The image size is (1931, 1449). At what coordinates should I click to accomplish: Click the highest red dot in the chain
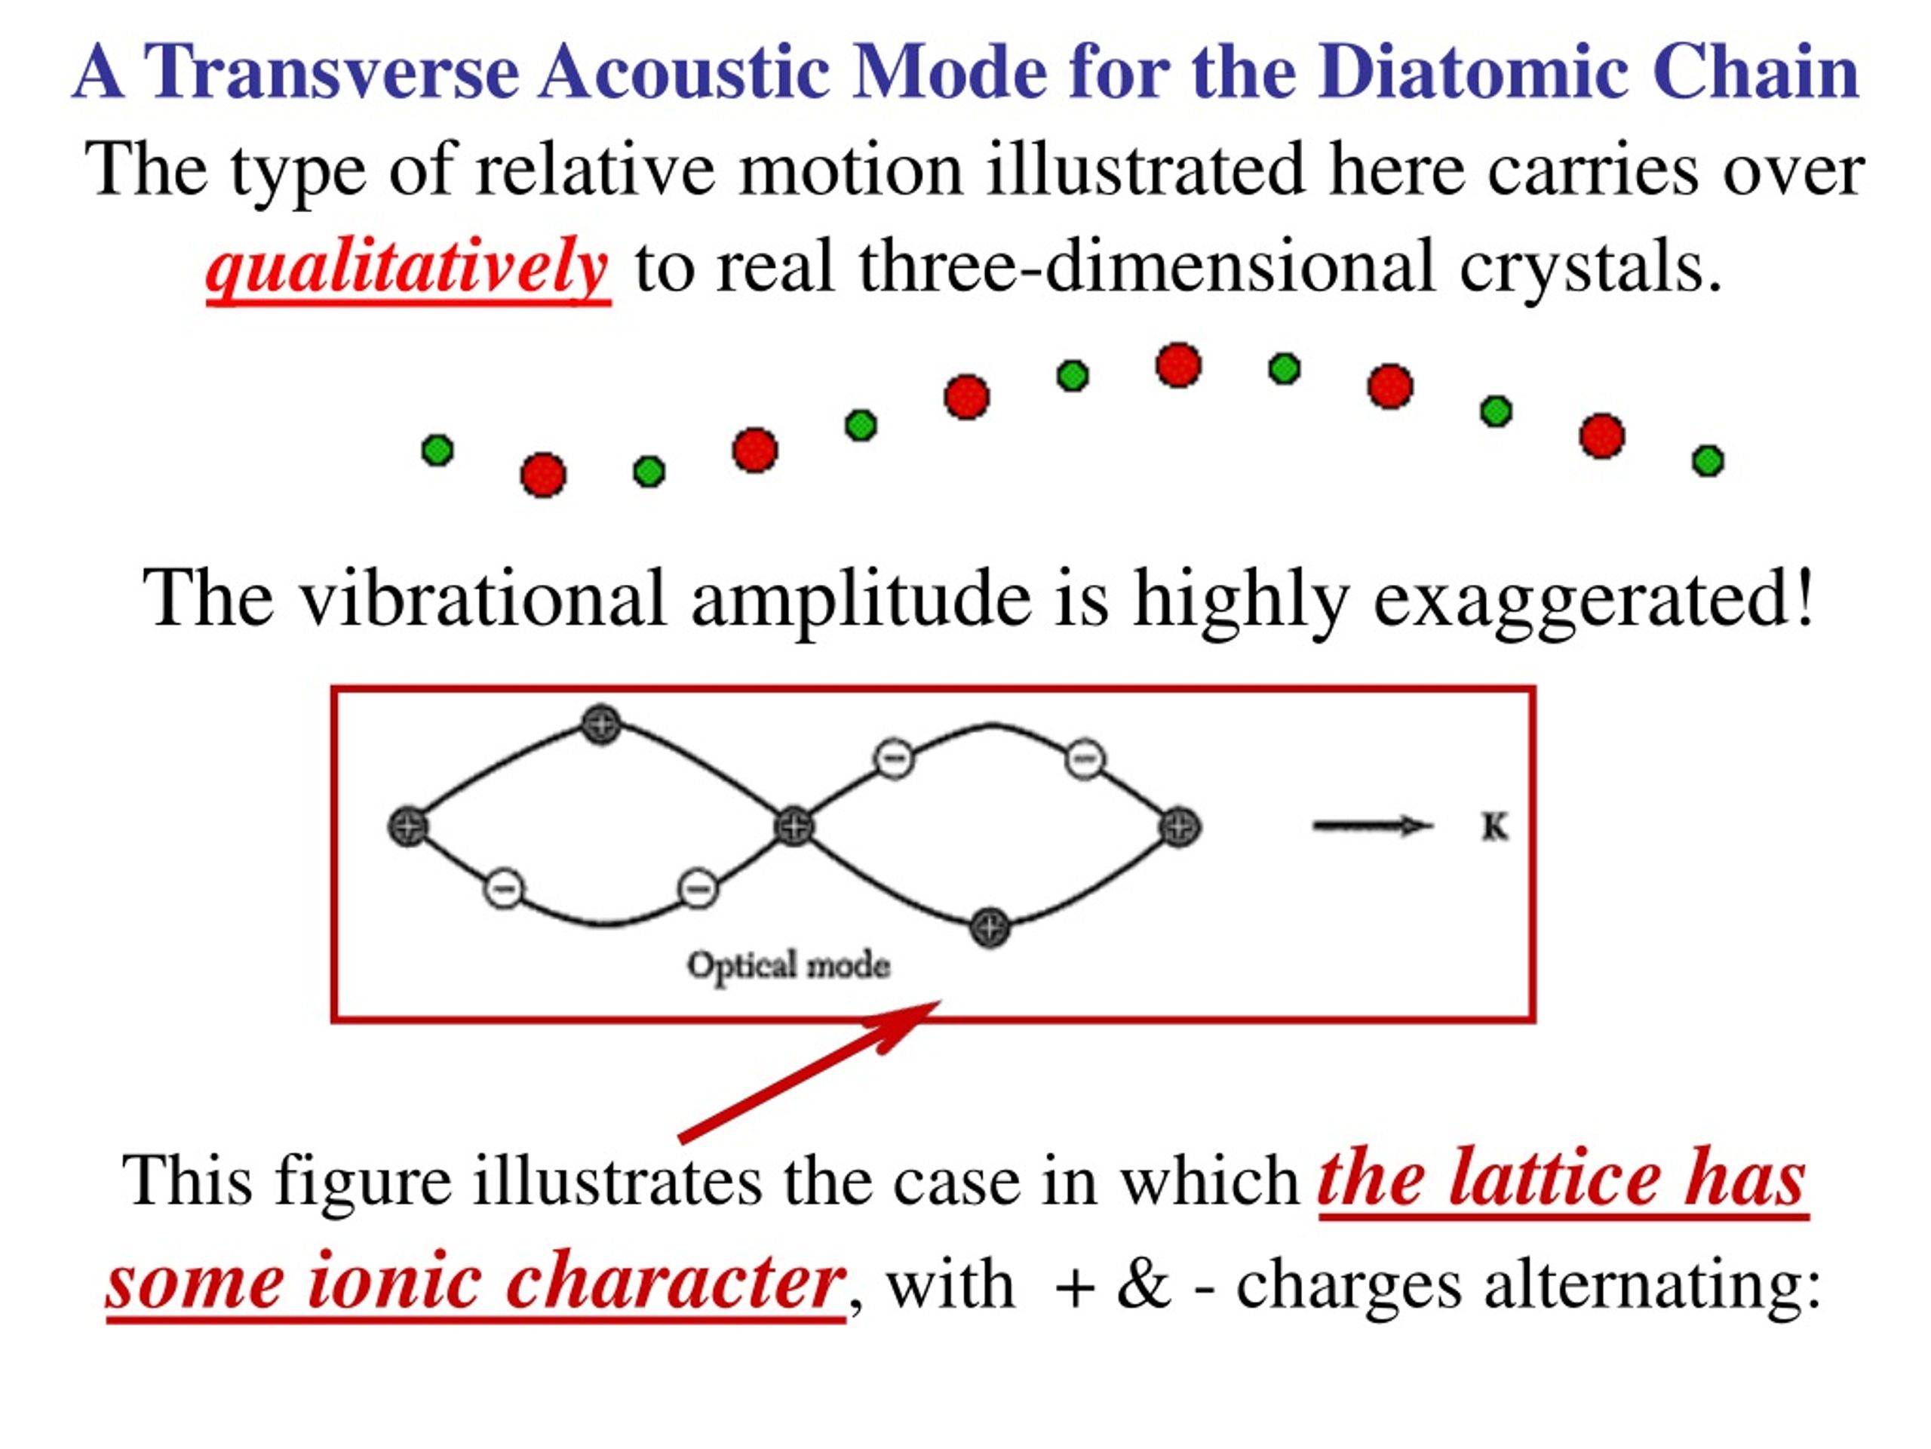coord(1178,365)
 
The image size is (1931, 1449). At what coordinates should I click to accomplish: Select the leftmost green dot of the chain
coord(437,450)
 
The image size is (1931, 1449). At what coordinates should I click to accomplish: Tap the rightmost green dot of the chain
coord(1708,460)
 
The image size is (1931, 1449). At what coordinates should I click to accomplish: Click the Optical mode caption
coord(788,966)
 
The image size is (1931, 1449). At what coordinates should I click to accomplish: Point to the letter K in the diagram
coord(1494,826)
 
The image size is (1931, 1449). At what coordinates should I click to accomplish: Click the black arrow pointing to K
coord(1372,826)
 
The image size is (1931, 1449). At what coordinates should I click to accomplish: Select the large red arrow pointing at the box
coord(809,1071)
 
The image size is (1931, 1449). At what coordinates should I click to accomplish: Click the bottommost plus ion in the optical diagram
coord(990,928)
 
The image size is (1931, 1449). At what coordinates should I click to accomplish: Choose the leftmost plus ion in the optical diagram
coord(407,826)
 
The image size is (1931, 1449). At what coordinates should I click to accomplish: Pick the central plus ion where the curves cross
coord(794,826)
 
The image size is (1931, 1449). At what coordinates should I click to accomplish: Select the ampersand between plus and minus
coord(1143,1284)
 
